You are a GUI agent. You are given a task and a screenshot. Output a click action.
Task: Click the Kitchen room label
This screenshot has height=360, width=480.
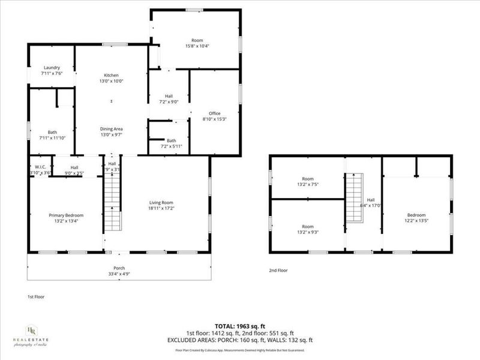point(111,75)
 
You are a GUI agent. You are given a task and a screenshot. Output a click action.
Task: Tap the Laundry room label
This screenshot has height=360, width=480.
point(51,67)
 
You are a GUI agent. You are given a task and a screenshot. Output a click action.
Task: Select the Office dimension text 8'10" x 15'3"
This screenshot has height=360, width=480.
point(215,119)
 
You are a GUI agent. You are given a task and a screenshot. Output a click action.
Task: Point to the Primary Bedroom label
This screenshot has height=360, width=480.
point(66,215)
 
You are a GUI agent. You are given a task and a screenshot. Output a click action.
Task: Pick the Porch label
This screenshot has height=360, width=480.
point(119,268)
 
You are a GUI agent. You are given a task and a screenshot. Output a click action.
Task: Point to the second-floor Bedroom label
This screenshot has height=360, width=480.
point(416,215)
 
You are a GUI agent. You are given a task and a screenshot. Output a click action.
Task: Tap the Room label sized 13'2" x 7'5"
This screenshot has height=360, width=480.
point(307,179)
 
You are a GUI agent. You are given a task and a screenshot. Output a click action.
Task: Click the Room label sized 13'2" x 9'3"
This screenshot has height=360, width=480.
point(307,226)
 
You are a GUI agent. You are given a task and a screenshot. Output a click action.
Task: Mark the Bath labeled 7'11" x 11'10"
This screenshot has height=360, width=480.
point(52,132)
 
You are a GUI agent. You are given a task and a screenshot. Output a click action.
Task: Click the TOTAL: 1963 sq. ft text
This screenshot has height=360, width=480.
point(240,326)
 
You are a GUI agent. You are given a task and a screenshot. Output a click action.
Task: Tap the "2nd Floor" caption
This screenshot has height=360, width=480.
point(278,271)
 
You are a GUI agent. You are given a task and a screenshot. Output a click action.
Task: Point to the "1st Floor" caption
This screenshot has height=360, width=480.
point(36,296)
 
